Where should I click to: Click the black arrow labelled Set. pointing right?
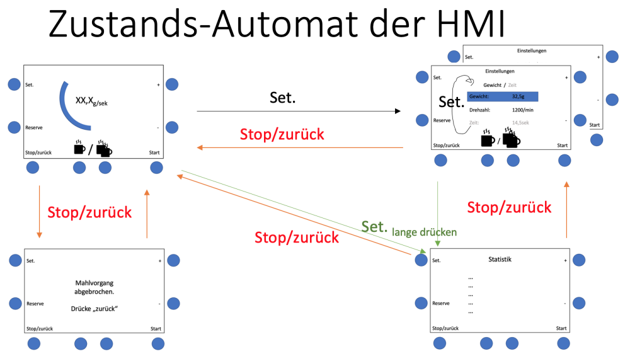pos(299,112)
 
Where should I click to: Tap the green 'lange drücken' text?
pos(424,232)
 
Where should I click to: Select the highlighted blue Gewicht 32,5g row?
pos(502,97)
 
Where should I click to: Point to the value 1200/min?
pos(522,110)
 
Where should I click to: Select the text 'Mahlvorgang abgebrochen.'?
pos(94,287)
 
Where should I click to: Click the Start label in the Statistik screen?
pos(561,328)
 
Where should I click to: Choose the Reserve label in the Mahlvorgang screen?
pos(35,304)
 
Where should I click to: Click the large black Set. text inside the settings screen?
pos(451,101)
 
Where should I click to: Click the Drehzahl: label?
pos(480,110)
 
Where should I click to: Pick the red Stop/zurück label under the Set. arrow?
pos(282,134)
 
